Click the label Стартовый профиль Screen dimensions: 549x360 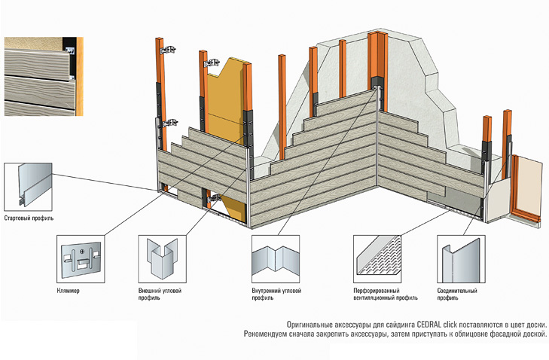pyautogui.click(x=29, y=218)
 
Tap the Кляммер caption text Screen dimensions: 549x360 pyautogui.click(x=68, y=290)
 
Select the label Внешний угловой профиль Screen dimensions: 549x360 pyautogui.click(x=160, y=294)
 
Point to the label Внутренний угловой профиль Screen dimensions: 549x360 pyautogui.click(x=276, y=294)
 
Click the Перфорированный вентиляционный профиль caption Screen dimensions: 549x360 pyautogui.click(x=385, y=294)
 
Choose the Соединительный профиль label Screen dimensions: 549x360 pyautogui.click(x=457, y=294)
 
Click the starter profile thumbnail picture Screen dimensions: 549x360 pyautogui.click(x=28, y=187)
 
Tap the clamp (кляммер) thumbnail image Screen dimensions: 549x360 pyautogui.click(x=81, y=259)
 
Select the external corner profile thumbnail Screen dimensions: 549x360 pyautogui.click(x=162, y=259)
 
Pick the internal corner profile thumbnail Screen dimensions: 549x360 pyautogui.click(x=276, y=259)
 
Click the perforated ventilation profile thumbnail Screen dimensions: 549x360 pyautogui.click(x=377, y=259)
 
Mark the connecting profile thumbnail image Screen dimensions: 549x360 pyautogui.click(x=461, y=259)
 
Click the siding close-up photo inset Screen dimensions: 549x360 pyautogui.click(x=44, y=76)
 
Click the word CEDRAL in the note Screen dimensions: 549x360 pyautogui.click(x=426, y=325)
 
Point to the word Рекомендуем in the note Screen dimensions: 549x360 pyautogui.click(x=265, y=334)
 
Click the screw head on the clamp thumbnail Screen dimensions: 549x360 pyautogui.click(x=82, y=251)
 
